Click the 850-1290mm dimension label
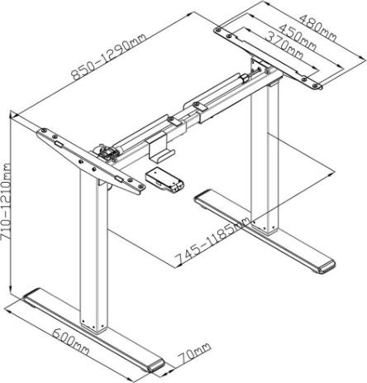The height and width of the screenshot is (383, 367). coord(108,56)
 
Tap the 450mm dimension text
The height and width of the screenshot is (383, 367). coord(298,37)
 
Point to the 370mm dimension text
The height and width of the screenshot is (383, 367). coord(284,45)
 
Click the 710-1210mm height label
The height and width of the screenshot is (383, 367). coord(6,202)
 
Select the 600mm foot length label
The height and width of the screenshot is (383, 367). coord(70,342)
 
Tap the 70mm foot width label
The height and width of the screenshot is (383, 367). coord(194,353)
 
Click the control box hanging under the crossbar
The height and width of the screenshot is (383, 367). coord(164,180)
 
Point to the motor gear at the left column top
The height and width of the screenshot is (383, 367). coord(105,152)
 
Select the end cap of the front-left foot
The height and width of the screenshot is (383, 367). coord(155,366)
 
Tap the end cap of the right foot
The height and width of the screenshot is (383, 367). coord(326,266)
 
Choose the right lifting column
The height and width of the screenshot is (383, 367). coord(265,158)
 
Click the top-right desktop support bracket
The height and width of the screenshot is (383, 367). coord(269,58)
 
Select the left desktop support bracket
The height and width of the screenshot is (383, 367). coord(91,161)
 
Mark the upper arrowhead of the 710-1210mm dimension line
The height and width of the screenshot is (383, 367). coord(11,113)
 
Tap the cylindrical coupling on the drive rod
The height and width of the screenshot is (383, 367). coord(244,78)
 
